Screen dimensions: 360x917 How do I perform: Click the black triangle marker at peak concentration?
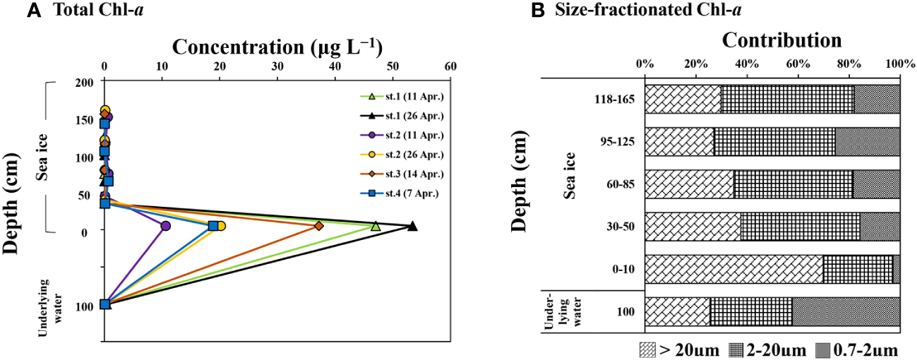click(x=412, y=226)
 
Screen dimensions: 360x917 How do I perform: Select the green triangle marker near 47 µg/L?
click(x=376, y=226)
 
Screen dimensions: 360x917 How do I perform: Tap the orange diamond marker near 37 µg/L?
click(x=319, y=226)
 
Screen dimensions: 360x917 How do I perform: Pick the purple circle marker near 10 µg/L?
click(x=165, y=226)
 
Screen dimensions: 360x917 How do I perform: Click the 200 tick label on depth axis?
click(x=85, y=82)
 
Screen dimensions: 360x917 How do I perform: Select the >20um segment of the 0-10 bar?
click(x=733, y=270)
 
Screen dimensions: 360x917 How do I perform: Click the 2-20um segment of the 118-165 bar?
click(x=787, y=99)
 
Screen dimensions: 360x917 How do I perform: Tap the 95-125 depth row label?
click(x=616, y=142)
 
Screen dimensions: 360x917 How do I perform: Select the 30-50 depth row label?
click(x=618, y=227)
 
